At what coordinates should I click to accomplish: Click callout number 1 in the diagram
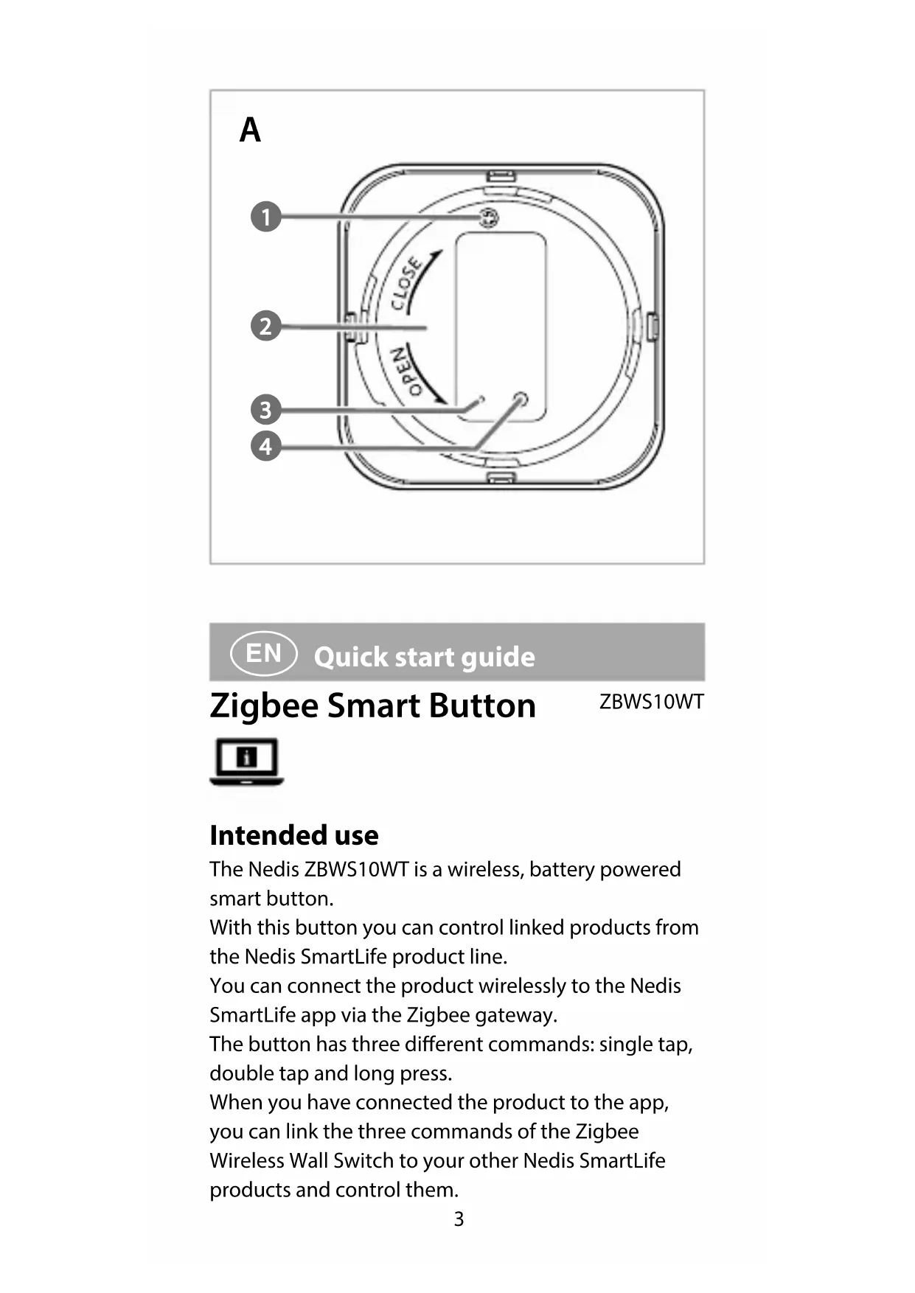pyautogui.click(x=266, y=217)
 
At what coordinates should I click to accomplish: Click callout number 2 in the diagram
pyautogui.click(x=266, y=326)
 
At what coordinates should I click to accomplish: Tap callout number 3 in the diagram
pyautogui.click(x=266, y=410)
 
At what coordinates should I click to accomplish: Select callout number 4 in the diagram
pyautogui.click(x=266, y=446)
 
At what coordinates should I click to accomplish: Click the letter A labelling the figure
pyautogui.click(x=250, y=130)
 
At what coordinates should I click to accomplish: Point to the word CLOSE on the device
pyautogui.click(x=406, y=284)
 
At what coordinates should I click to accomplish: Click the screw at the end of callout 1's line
pyautogui.click(x=488, y=217)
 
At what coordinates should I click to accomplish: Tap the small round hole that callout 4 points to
pyautogui.click(x=521, y=399)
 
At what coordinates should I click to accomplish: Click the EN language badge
pyautogui.click(x=264, y=653)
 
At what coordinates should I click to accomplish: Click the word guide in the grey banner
pyautogui.click(x=495, y=657)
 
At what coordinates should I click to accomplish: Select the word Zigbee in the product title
pyautogui.click(x=265, y=706)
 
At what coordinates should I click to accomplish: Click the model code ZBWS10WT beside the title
pyautogui.click(x=651, y=702)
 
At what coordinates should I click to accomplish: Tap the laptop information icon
pyautogui.click(x=247, y=761)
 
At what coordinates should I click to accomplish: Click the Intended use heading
pyautogui.click(x=293, y=835)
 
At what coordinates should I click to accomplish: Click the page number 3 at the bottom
pyautogui.click(x=459, y=1219)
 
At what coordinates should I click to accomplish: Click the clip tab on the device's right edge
pyautogui.click(x=652, y=326)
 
